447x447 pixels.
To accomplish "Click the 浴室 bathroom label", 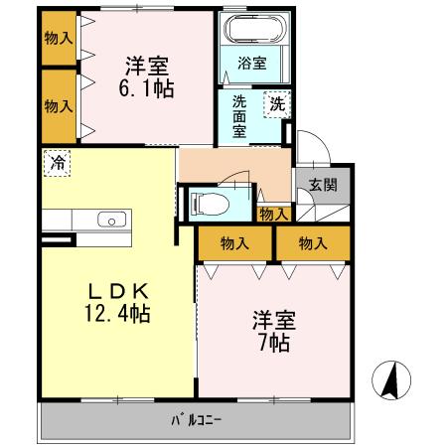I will click(x=252, y=64).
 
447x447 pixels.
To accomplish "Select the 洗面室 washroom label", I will click(x=241, y=115).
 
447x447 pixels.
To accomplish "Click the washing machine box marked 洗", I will click(x=275, y=101).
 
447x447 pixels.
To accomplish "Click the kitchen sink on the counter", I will click(x=105, y=220).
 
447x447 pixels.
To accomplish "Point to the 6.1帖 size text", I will click(x=148, y=88).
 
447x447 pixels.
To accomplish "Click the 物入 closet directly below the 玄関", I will click(x=314, y=241).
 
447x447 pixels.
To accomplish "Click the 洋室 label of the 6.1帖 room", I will click(x=147, y=66).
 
